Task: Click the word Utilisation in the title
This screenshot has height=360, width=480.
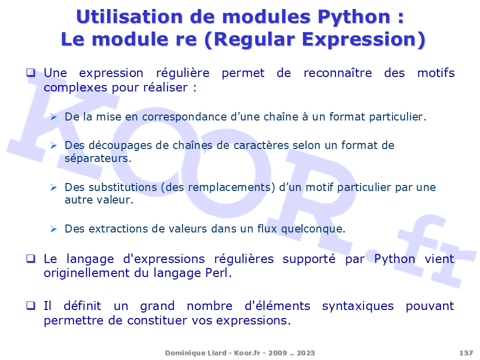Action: click(x=129, y=16)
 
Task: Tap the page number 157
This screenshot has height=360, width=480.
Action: click(x=466, y=352)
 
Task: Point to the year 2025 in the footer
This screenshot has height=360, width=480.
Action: click(x=305, y=352)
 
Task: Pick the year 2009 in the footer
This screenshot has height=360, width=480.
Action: click(x=277, y=352)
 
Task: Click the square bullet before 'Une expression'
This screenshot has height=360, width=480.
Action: click(x=30, y=73)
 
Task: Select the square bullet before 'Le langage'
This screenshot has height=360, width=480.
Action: click(x=30, y=258)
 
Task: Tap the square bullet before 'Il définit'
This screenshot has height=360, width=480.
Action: click(x=30, y=305)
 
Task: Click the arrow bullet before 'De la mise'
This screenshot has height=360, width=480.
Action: click(x=53, y=116)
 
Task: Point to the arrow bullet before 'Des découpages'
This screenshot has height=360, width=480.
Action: click(x=53, y=145)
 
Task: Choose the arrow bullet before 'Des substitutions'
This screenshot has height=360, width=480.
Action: click(x=53, y=187)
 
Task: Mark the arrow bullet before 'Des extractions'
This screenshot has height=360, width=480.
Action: click(x=53, y=228)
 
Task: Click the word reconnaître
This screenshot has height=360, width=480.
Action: click(x=337, y=73)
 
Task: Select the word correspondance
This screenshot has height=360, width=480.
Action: click(x=184, y=117)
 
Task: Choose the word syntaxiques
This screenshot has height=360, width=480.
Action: click(x=358, y=306)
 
